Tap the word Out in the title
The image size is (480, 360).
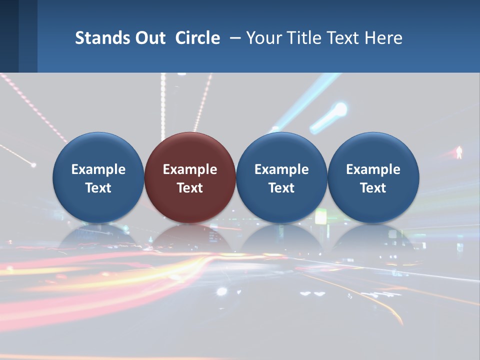click(148, 38)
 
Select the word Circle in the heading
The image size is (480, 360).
click(197, 38)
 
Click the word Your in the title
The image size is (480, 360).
click(262, 38)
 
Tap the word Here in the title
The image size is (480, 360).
click(383, 38)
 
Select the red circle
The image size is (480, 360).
click(190, 177)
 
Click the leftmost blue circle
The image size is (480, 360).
click(98, 177)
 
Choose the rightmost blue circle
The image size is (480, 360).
click(373, 177)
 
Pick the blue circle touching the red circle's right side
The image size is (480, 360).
click(281, 177)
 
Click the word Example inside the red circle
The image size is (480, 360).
click(190, 169)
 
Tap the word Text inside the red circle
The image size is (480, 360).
click(190, 188)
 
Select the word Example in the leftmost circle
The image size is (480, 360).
click(98, 169)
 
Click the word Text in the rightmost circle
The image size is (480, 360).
click(373, 188)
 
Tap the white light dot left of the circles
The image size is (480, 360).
click(33, 164)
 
